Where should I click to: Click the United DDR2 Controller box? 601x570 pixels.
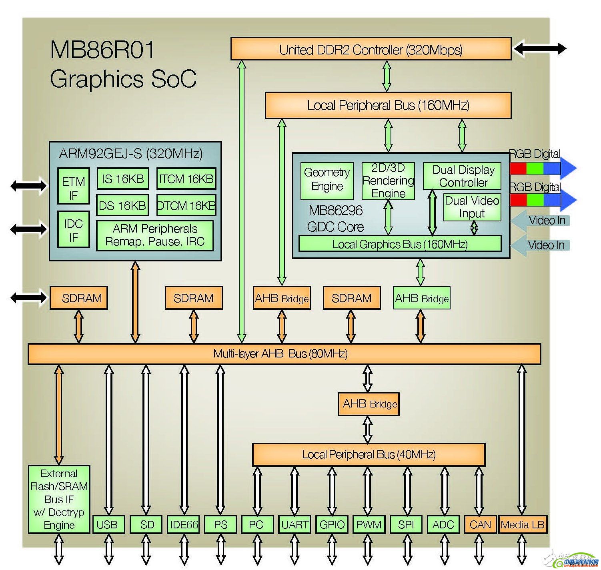pos(371,49)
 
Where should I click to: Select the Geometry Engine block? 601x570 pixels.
pos(327,181)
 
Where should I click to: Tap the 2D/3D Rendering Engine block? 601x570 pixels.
pos(388,181)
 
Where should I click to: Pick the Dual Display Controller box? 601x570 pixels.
pos(462,176)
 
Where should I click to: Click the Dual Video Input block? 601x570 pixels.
pos(472,207)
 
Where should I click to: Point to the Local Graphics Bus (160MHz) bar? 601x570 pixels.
pos(400,244)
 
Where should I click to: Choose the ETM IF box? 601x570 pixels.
pos(73,189)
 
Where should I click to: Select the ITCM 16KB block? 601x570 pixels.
pos(186,179)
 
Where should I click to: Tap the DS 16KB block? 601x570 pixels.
pos(122,205)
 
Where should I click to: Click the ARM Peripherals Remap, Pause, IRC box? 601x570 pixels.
pos(155,235)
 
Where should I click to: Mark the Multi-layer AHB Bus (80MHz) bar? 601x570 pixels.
pos(284,354)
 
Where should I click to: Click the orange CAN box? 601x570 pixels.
pos(480,524)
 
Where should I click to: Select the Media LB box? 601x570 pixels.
pos(523,524)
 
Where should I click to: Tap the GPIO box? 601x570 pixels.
pos(332,524)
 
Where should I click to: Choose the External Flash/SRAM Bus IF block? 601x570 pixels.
pos(59,499)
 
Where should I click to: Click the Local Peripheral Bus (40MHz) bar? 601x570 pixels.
pos(369,454)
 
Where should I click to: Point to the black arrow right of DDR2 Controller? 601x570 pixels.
pos(540,49)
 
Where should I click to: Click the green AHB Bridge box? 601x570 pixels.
pos(421,298)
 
